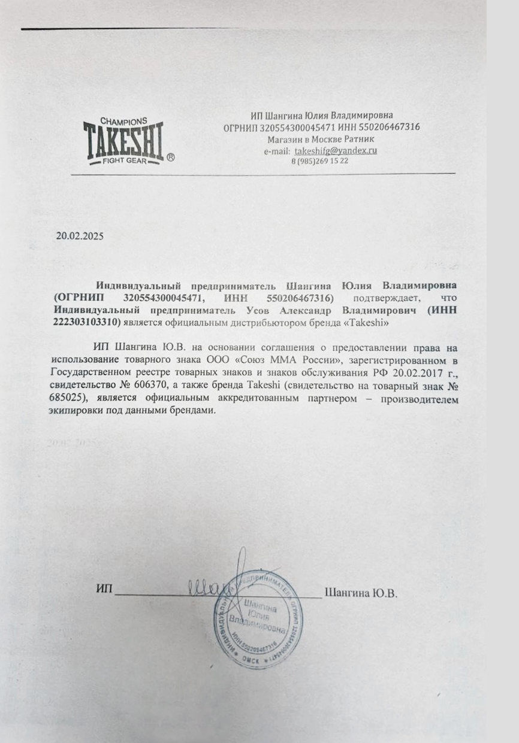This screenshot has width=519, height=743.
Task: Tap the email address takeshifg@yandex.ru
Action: coord(336,151)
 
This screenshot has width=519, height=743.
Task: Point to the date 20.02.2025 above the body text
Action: coord(80,236)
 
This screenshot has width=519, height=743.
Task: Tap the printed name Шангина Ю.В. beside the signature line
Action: coord(361,593)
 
